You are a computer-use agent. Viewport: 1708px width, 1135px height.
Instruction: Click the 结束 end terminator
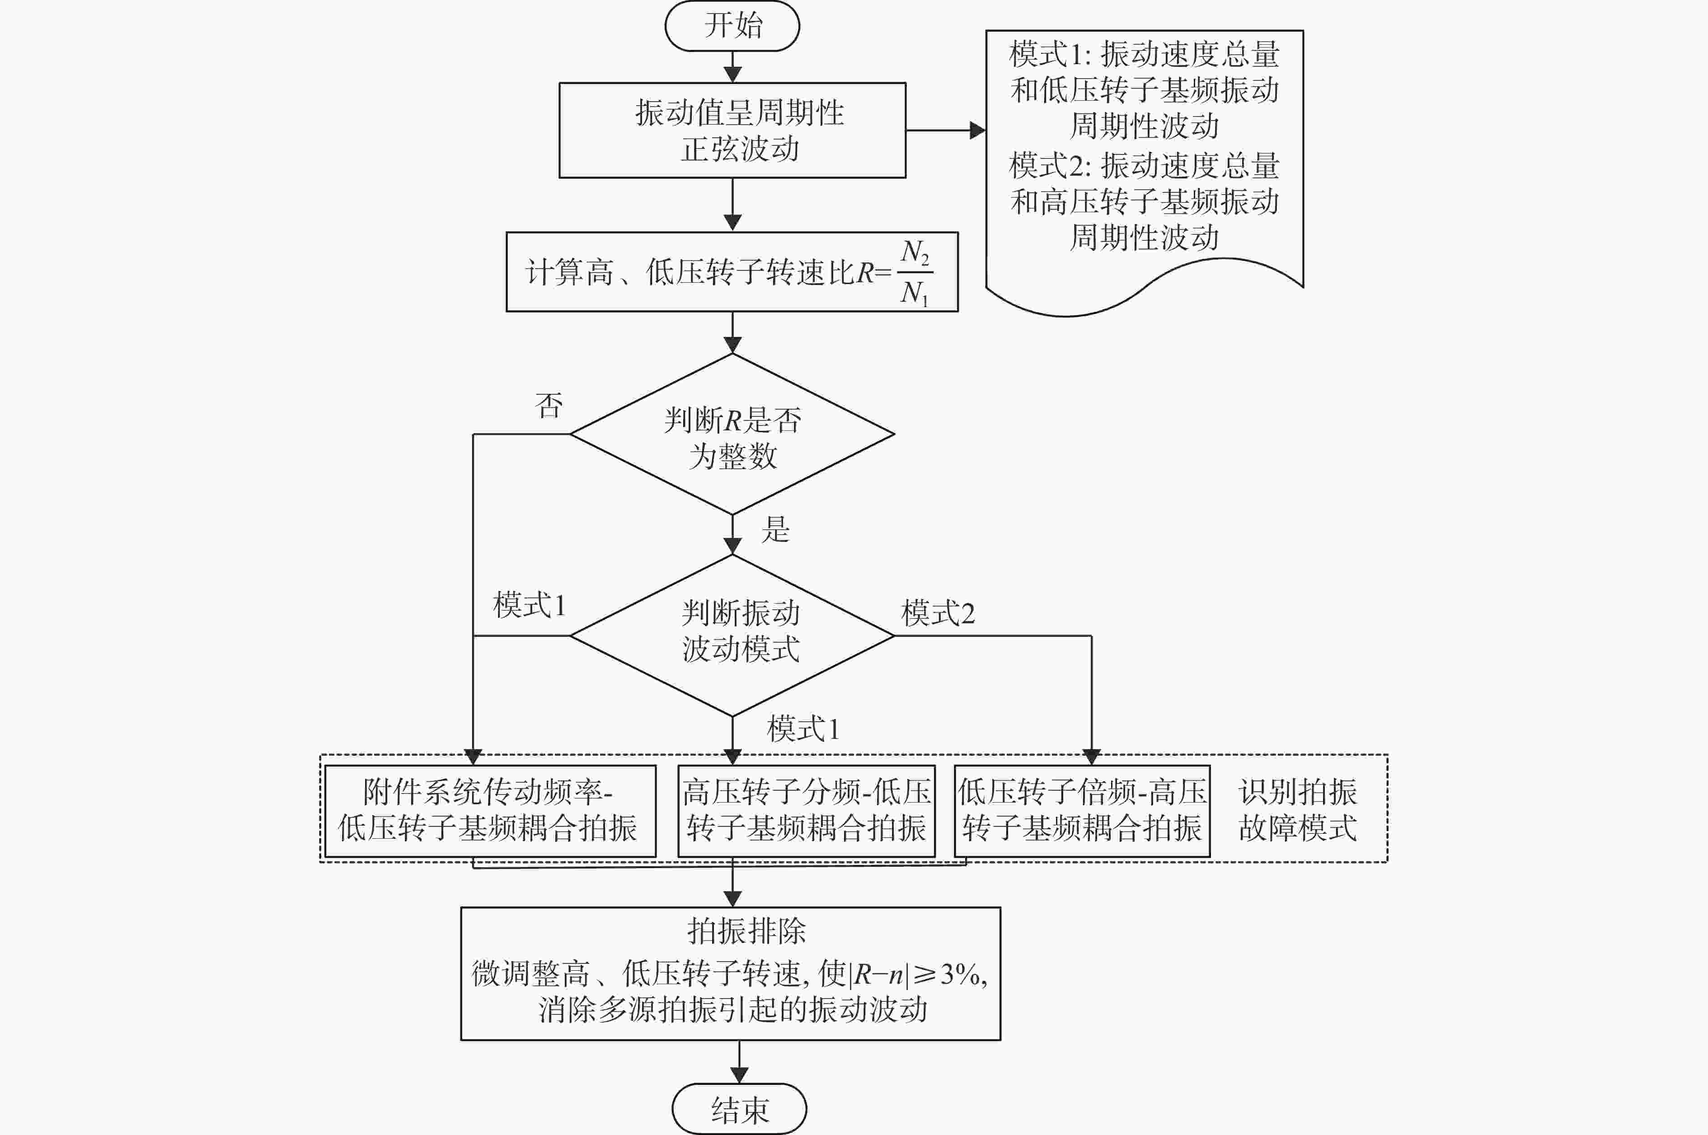coord(739,1108)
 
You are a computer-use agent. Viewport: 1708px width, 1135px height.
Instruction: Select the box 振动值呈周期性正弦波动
coord(732,130)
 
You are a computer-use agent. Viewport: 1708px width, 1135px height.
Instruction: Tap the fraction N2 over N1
coord(915,273)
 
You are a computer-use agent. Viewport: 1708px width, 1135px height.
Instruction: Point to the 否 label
coord(549,406)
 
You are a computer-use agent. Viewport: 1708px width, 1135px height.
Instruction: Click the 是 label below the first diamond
coord(775,529)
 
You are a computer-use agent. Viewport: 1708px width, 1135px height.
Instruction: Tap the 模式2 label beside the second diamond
coord(938,613)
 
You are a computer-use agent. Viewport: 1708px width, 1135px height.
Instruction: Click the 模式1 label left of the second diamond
coord(529,604)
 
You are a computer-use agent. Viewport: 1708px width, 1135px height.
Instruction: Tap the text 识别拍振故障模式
coord(1297,810)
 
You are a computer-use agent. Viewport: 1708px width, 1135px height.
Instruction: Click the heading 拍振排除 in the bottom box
coord(746,931)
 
